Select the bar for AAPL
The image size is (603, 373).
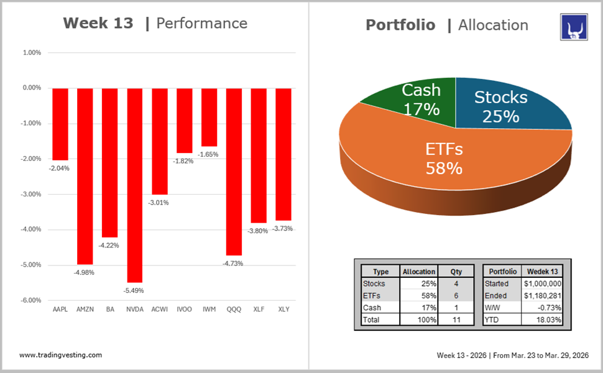(x=60, y=124)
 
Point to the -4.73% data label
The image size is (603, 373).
(x=234, y=264)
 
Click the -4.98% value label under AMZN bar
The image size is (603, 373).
(x=85, y=272)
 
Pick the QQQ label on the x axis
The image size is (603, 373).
(x=234, y=309)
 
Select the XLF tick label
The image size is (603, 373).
(x=259, y=309)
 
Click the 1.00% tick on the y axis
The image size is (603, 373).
(x=32, y=53)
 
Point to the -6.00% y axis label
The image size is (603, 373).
(x=31, y=300)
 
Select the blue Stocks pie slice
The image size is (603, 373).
(x=504, y=106)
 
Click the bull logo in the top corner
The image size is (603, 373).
(x=574, y=28)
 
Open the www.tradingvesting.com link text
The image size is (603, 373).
(x=60, y=355)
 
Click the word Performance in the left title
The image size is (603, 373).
(x=201, y=24)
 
